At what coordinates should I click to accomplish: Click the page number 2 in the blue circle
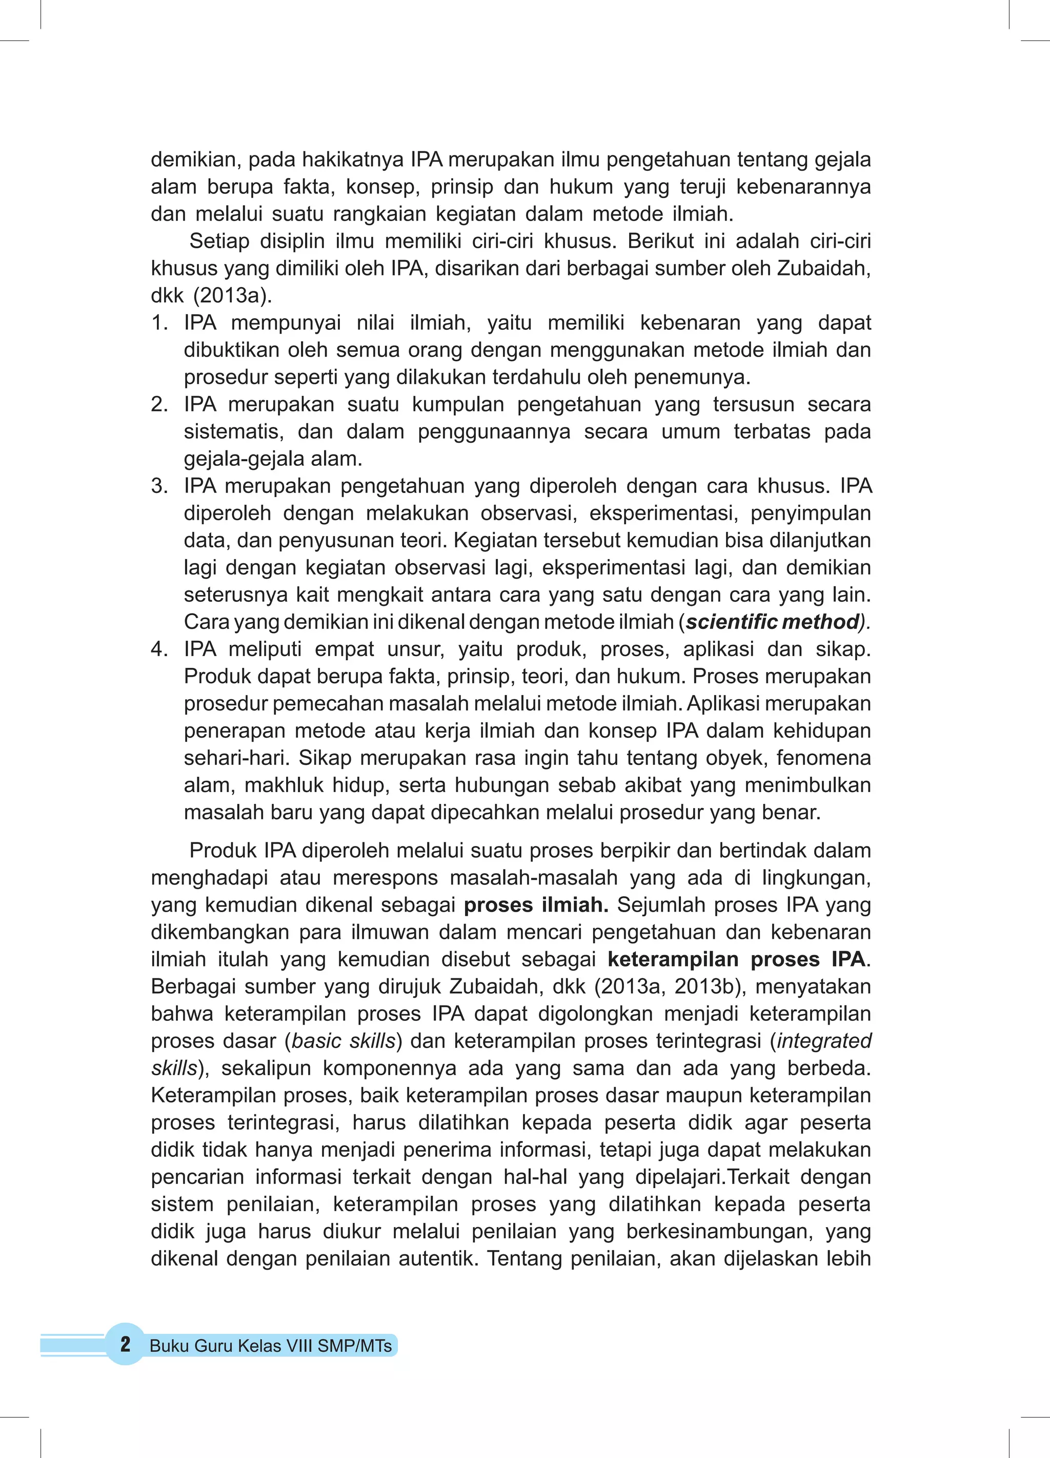coord(125,1344)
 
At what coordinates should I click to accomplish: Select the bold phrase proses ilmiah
coord(536,904)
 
